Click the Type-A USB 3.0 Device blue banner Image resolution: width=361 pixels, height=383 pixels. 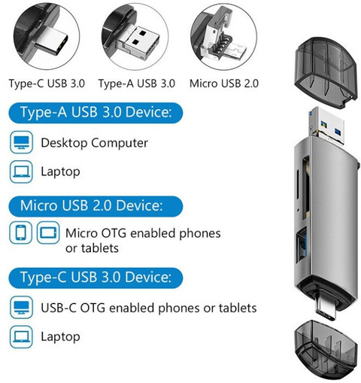coord(96,113)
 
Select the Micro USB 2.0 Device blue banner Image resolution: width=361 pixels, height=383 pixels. coord(96,206)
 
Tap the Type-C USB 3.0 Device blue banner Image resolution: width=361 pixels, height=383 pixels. coord(96,278)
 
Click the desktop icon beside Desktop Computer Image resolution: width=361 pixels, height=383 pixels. coord(21,142)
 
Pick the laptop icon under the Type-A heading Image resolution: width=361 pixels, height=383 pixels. coord(21,172)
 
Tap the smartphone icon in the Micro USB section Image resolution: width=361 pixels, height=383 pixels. coord(20,233)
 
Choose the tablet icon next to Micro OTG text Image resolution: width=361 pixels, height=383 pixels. coord(48,233)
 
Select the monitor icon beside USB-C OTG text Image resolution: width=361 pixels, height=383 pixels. coord(21,307)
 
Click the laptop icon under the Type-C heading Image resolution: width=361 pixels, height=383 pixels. coord(21,336)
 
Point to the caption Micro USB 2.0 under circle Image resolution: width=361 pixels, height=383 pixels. coord(224,84)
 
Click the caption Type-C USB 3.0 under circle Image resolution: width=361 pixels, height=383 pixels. coord(47,84)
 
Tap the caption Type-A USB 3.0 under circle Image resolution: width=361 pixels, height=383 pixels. coord(137,84)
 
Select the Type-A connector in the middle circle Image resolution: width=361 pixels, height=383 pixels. coord(141,40)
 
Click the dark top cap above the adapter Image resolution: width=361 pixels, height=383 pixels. coord(326,72)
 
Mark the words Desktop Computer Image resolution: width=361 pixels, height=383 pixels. coord(94,143)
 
